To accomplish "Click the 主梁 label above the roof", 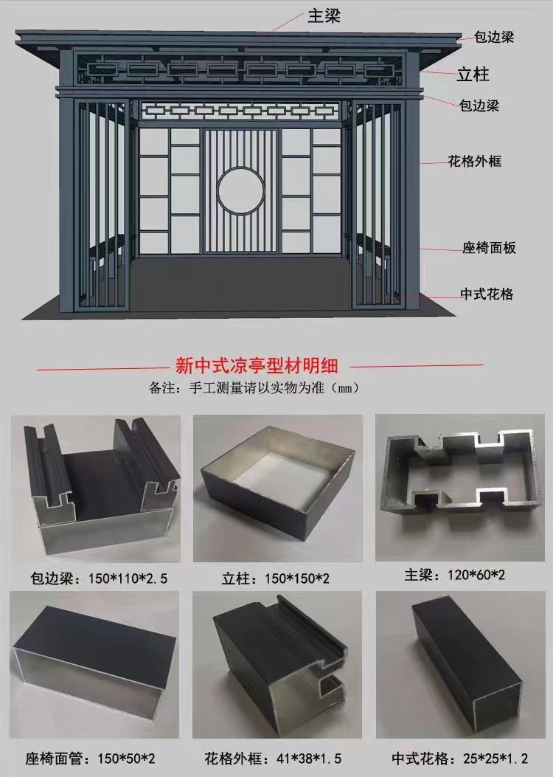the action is [324, 15].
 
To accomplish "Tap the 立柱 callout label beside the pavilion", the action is [473, 75].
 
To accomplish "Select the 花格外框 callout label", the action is [475, 161].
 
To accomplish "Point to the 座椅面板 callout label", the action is [489, 248].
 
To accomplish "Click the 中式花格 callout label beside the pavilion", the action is [487, 294].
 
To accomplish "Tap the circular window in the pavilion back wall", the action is [240, 190].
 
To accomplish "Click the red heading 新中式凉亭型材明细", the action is [257, 366].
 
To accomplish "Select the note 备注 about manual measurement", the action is [254, 387].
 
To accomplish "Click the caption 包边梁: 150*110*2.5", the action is [99, 579].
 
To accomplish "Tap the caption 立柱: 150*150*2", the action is [276, 579].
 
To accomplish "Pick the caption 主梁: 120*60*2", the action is [454, 575].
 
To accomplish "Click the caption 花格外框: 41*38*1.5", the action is [273, 758].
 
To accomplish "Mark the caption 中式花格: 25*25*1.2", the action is [460, 758].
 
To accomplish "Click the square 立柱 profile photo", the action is [278, 488].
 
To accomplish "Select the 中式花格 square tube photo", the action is [459, 665].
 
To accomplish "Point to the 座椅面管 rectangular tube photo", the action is [94, 665].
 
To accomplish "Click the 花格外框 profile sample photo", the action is [278, 665].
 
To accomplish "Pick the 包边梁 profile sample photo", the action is [96, 488].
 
